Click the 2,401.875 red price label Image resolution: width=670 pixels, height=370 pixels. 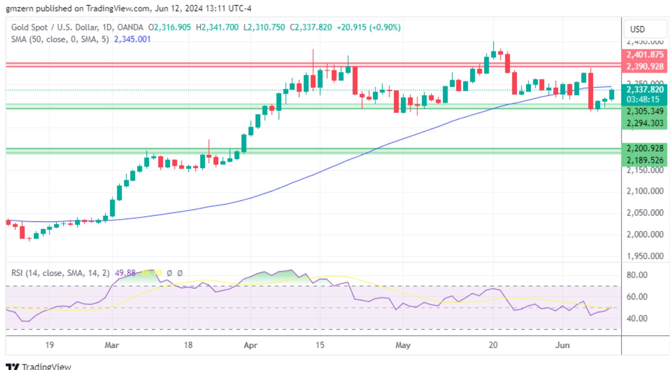tap(645, 55)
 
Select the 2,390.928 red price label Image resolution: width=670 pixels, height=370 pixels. tap(645, 66)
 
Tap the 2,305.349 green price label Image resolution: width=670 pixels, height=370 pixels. tap(645, 111)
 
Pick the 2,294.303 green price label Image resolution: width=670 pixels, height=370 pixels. tap(645, 123)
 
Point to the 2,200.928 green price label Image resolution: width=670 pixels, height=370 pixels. tap(645, 149)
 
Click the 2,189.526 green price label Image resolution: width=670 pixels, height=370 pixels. tap(645, 160)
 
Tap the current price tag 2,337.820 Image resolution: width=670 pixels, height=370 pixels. tap(645, 90)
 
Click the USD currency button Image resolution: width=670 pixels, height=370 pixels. tap(638, 29)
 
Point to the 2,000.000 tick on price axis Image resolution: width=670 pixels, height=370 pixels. tap(645, 235)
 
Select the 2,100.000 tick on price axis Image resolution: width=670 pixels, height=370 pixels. tap(645, 191)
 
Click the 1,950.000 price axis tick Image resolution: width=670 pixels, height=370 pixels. tap(645, 256)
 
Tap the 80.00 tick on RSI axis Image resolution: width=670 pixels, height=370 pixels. tap(637, 275)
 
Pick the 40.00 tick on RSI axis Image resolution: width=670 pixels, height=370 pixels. tap(637, 319)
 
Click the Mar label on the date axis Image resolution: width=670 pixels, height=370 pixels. tap(112, 345)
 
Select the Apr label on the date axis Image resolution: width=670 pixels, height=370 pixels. tap(251, 345)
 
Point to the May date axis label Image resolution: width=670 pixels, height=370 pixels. tap(403, 345)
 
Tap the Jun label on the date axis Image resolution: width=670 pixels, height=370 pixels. tap(562, 345)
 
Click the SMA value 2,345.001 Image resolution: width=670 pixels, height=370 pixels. tap(132, 39)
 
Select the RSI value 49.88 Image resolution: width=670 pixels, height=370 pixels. tap(125, 273)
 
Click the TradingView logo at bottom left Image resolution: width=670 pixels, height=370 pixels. tap(38, 366)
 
